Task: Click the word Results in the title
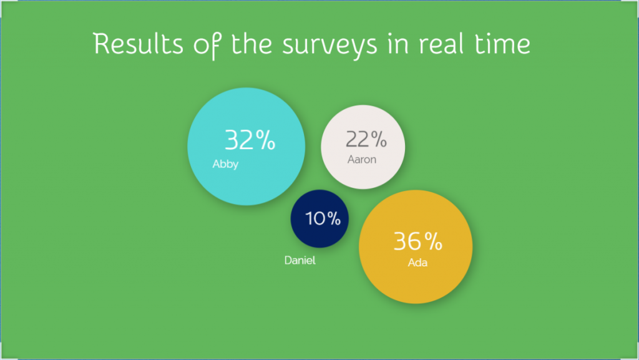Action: [138, 44]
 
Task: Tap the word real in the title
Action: [441, 44]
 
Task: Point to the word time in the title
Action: [503, 44]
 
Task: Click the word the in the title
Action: [251, 44]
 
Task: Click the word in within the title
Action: [398, 44]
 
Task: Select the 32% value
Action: [250, 140]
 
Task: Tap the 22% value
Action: [366, 139]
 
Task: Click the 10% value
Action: [323, 218]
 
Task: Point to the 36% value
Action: [417, 241]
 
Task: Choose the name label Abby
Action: [225, 164]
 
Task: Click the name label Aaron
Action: [362, 159]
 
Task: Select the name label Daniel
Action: [300, 260]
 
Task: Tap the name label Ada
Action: [417, 263]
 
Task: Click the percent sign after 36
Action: [433, 241]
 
